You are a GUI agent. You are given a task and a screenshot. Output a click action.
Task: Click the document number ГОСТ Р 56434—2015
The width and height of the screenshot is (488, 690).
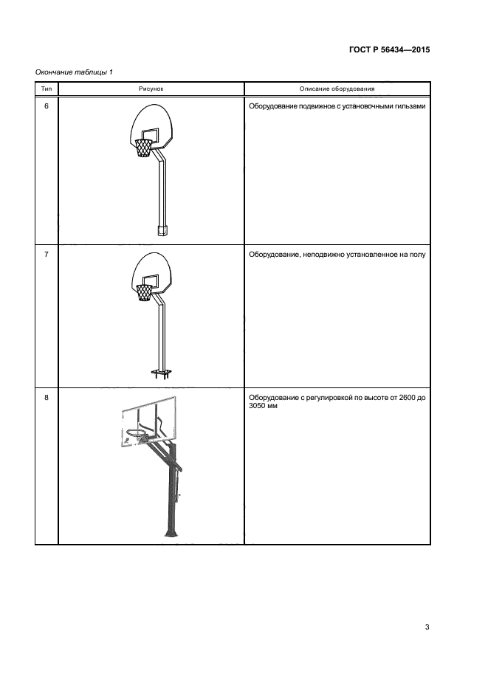pos(389,49)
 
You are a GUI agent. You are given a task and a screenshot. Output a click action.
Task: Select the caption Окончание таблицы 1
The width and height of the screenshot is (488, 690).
pos(74,72)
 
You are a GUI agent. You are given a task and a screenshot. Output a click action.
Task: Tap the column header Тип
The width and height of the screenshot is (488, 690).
pos(47,89)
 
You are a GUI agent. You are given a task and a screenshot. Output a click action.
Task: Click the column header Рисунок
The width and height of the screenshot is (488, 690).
pos(151,89)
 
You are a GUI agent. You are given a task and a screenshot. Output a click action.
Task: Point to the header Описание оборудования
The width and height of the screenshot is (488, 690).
pos(337,89)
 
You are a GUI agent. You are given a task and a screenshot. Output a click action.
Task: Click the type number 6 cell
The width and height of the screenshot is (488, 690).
pos(47,106)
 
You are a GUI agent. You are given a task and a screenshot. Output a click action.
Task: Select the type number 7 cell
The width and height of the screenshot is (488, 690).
pos(47,255)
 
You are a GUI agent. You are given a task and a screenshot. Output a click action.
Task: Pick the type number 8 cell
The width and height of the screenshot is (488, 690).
pos(47,397)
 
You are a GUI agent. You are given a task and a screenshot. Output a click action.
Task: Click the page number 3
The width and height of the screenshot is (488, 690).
pos(427,627)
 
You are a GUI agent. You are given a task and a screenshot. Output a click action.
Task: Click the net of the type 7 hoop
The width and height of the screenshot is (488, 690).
pos(144,293)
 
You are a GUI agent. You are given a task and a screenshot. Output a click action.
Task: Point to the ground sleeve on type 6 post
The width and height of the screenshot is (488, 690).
pos(163,230)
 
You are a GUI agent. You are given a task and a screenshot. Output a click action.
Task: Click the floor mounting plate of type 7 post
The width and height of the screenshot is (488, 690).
pos(161,374)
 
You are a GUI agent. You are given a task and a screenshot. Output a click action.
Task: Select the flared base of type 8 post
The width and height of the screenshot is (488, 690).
pos(171,531)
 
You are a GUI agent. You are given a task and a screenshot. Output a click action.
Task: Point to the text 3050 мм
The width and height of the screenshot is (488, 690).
pos(263,406)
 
